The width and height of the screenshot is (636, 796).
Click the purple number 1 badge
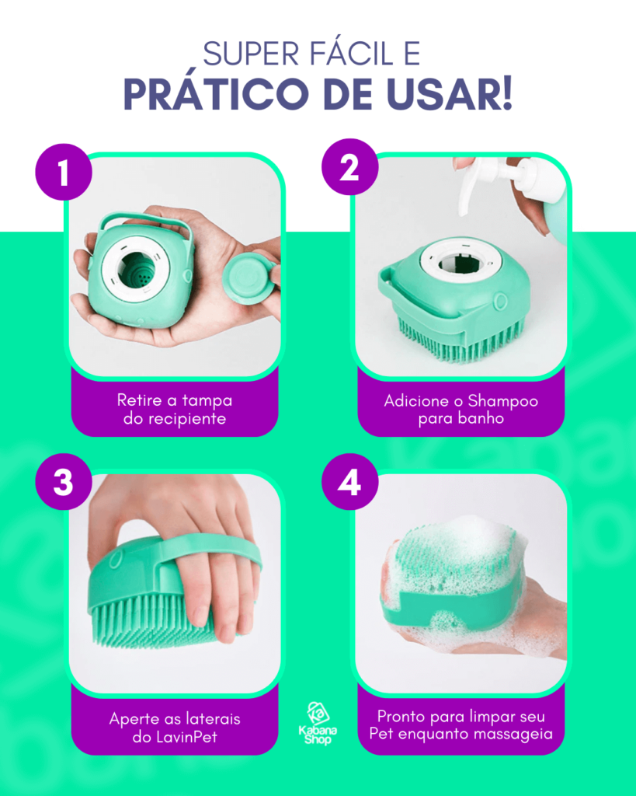tap(64, 172)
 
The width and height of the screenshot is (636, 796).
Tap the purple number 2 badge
tap(350, 167)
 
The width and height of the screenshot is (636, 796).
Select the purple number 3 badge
tap(64, 482)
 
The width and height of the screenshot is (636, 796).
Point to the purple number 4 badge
tap(350, 482)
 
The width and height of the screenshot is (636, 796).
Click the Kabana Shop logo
tap(318, 724)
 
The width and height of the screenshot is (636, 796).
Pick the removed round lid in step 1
tap(249, 279)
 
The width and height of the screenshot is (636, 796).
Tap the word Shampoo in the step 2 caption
tap(502, 401)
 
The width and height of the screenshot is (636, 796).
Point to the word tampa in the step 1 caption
tap(207, 401)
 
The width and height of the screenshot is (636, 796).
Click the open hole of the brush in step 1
tap(137, 269)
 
